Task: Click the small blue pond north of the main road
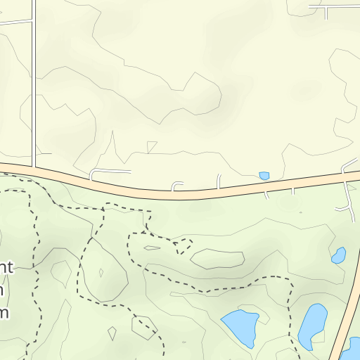click(264, 176)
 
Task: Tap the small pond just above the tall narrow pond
click(339, 255)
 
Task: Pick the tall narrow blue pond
click(312, 325)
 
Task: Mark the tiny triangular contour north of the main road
click(151, 146)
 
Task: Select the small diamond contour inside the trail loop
click(101, 273)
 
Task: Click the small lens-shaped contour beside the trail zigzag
click(152, 247)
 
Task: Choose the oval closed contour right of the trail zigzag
click(218, 259)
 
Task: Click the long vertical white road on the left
click(34, 84)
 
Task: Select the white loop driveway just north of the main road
click(109, 171)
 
